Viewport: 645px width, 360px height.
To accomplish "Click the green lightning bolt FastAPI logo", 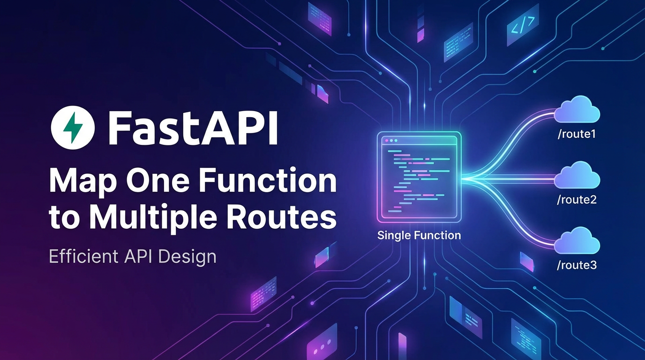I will tap(73, 127).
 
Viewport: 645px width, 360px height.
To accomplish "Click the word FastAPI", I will tap(193, 127).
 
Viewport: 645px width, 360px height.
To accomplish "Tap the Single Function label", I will tap(419, 235).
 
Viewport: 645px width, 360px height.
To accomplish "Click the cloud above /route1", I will tap(577, 111).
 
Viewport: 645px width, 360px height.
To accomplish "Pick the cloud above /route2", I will tap(577, 176).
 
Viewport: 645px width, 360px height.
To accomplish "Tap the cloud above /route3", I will tap(577, 241).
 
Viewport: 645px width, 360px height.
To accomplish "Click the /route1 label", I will tap(576, 135).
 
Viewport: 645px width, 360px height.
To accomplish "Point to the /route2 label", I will tap(576, 200).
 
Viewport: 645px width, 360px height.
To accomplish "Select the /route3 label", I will tap(576, 265).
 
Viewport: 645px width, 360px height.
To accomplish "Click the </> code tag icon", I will tap(523, 29).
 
